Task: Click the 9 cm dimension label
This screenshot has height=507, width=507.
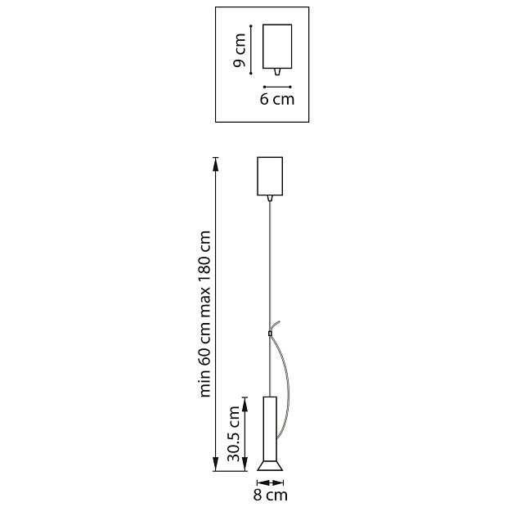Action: point(240,52)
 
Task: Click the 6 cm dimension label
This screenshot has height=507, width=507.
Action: point(276,100)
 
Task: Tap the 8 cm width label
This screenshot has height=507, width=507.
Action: point(270,495)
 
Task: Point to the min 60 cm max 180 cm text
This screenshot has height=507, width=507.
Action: point(205,315)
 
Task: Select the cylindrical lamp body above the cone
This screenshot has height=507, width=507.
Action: point(270,427)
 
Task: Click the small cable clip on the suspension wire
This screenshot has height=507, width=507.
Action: point(269,334)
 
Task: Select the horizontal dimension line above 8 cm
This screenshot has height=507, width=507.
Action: point(270,482)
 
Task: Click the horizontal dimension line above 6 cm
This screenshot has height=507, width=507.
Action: point(278,86)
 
